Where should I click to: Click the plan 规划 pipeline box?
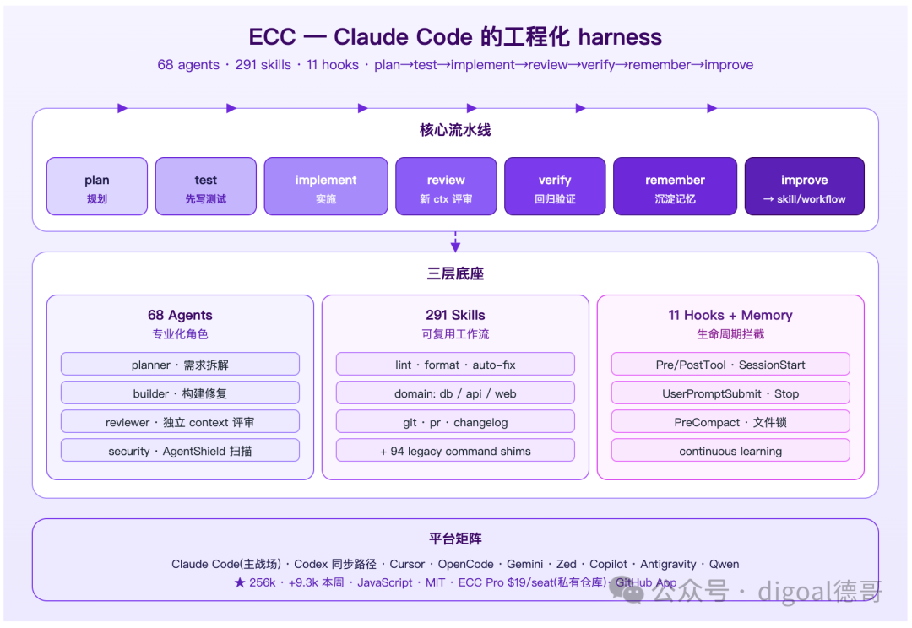[x=97, y=186]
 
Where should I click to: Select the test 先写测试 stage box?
[x=206, y=186]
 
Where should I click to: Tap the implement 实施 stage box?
[x=326, y=186]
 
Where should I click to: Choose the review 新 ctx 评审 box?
[x=446, y=186]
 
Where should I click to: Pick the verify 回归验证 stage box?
[x=555, y=186]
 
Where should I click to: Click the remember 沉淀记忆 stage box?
[x=675, y=186]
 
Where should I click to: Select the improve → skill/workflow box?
[x=805, y=186]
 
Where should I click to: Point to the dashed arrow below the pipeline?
[x=455, y=242]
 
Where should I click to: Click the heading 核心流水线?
[x=455, y=130]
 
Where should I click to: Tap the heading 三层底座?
[x=455, y=273]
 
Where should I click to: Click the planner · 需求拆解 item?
[x=181, y=364]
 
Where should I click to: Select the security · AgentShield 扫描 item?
[x=181, y=451]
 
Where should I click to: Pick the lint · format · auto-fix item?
[x=455, y=364]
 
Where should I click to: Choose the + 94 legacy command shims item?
[x=455, y=451]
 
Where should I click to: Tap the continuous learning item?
[x=730, y=451]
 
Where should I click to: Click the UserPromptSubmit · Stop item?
[x=730, y=393]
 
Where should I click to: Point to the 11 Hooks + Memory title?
[x=730, y=315]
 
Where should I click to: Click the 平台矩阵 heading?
[x=455, y=539]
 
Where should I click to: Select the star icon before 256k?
[x=240, y=582]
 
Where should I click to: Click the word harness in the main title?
[x=620, y=37]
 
